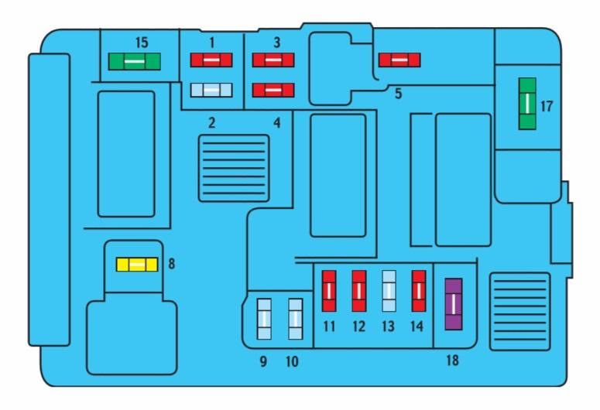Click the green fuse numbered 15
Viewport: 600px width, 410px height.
135,60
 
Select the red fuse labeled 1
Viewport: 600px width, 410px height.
212,59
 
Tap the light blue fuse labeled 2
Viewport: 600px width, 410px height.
212,90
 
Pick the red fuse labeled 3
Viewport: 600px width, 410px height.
273,59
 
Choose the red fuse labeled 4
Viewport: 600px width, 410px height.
273,90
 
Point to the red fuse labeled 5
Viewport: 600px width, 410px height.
399,59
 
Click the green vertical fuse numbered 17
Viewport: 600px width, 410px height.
527,103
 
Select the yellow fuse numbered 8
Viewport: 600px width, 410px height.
136,265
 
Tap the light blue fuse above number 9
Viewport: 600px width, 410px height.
264,319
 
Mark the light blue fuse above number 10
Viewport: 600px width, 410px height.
294,319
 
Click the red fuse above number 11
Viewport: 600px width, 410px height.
329,291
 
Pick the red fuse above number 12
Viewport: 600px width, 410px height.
358,291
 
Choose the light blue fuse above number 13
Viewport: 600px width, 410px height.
389,291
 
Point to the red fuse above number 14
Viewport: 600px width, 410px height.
418,291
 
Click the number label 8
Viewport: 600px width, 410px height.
171,264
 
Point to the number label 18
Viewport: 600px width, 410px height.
452,360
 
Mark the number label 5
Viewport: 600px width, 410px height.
398,94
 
